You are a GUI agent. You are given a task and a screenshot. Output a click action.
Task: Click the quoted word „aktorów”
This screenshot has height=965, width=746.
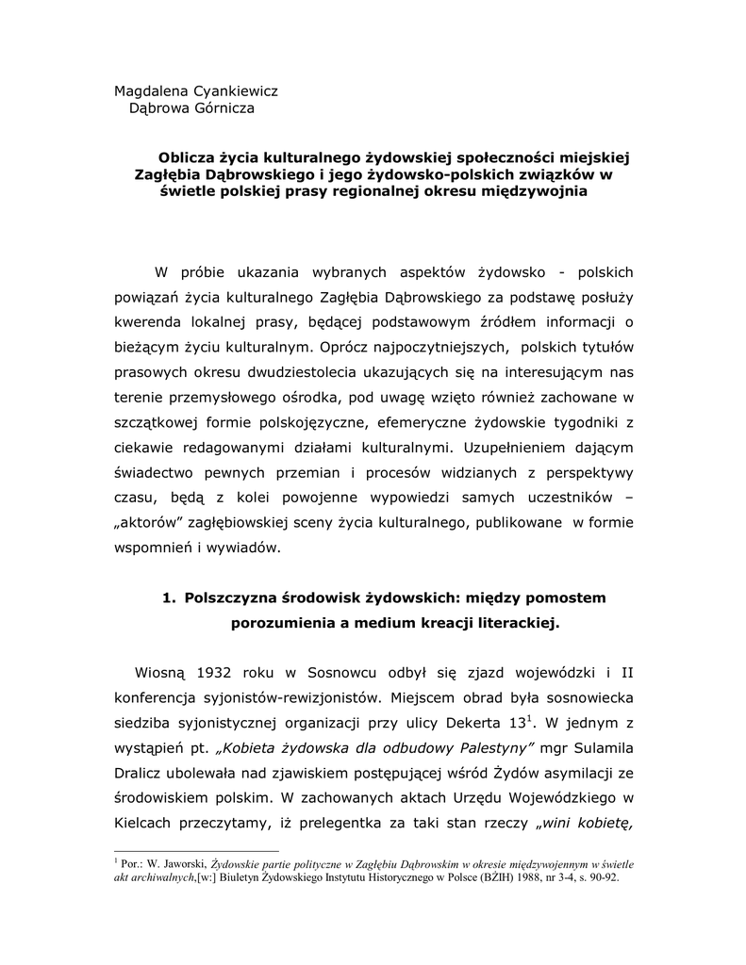point(154,522)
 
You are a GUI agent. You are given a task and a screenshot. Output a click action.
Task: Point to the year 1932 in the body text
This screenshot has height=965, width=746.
point(217,674)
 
